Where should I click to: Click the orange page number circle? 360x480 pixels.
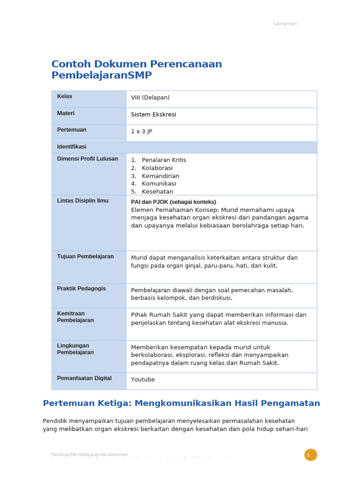310,455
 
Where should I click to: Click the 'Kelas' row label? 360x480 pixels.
65,97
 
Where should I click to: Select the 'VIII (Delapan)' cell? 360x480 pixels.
150,97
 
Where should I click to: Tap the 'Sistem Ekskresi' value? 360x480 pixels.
153,114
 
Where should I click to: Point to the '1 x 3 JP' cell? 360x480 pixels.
142,131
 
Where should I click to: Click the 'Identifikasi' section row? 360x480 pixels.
72,147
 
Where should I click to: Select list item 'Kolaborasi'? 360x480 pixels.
157,168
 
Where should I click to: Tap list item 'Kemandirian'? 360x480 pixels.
160,176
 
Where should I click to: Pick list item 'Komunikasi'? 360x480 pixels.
158,184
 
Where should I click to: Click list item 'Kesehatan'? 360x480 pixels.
157,192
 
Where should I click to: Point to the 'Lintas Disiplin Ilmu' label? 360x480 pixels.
82,201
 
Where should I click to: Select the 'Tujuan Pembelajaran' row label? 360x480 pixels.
85,256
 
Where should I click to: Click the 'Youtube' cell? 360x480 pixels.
142,380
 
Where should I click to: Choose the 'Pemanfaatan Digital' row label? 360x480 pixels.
84,378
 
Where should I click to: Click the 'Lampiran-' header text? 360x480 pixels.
286,24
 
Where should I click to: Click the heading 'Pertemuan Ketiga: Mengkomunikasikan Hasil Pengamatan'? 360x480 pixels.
181,403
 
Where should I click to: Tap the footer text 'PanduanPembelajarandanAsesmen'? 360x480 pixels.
89,454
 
